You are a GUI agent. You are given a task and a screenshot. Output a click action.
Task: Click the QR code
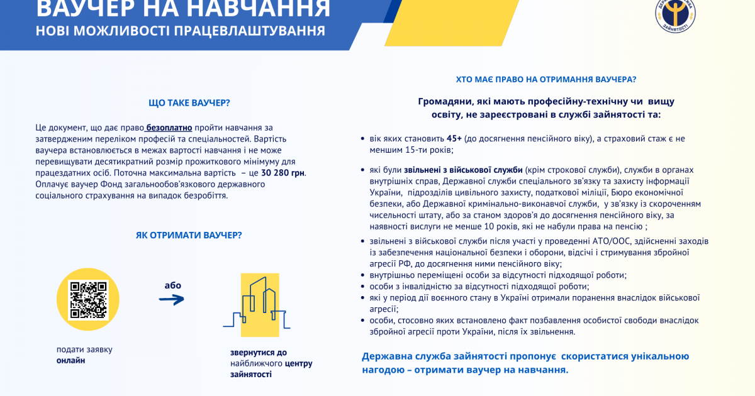point(88,299)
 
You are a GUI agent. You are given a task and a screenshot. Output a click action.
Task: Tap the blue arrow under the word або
point(171,300)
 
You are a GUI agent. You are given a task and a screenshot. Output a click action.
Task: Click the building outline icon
point(256,305)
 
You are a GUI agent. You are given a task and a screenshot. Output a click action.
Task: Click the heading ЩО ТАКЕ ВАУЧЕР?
point(189,102)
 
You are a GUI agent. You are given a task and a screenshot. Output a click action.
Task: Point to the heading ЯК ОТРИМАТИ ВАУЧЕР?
point(189,235)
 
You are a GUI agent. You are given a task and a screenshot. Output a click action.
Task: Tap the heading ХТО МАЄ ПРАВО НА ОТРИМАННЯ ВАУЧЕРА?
point(545,80)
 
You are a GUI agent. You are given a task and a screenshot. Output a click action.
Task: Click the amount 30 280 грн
point(283,172)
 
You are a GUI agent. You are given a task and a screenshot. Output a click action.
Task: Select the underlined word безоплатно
point(169,127)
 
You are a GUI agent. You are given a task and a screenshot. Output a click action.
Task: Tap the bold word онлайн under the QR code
point(70,361)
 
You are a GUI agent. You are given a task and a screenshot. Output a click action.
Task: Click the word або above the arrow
point(172,285)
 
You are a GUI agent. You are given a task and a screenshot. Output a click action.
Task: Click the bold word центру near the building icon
point(298,363)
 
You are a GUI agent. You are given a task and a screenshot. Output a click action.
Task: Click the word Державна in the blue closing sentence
point(386,357)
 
